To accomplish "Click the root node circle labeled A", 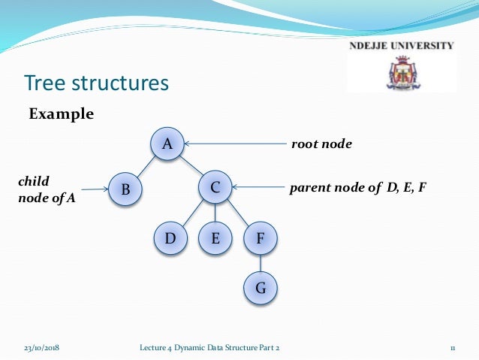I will [x=167, y=144].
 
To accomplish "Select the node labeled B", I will [x=125, y=190].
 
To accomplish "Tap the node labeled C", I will [x=215, y=188].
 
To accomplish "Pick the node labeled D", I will [x=170, y=239].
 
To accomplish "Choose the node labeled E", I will [x=215, y=239].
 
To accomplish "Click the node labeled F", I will [x=261, y=239].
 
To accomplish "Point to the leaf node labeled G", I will [x=261, y=286].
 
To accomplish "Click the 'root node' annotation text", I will [x=321, y=143].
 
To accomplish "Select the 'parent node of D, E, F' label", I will [x=357, y=187].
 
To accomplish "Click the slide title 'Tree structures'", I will [x=97, y=82].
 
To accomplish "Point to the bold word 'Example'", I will [x=61, y=114].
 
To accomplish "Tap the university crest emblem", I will [x=402, y=73].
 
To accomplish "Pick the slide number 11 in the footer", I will [x=453, y=346].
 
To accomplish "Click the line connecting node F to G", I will [x=261, y=263].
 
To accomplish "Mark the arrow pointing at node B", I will [x=96, y=190].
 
